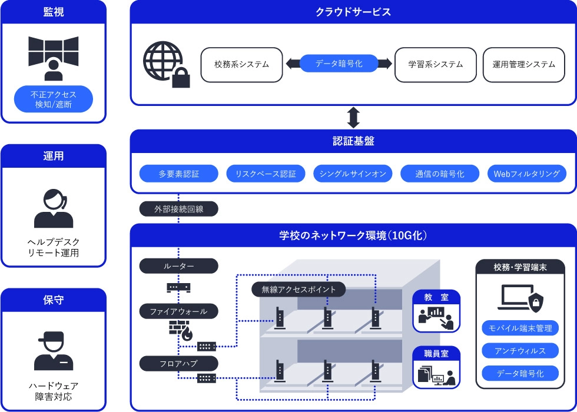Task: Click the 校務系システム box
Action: (241, 64)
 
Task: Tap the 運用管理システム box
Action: (523, 64)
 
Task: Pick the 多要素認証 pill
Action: (179, 174)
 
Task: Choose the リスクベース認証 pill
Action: (266, 174)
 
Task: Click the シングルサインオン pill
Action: (353, 174)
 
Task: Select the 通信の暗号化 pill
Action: (439, 174)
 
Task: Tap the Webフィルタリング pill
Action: (526, 174)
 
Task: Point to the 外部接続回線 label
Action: (178, 208)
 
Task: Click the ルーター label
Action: (178, 266)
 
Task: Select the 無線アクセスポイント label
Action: (299, 289)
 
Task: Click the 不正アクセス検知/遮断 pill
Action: (54, 99)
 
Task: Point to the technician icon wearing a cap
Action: (54, 351)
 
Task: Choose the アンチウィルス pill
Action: (520, 351)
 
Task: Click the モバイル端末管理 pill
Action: (520, 328)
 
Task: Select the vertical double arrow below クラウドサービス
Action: (353, 117)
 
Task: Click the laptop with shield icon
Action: (519, 298)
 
